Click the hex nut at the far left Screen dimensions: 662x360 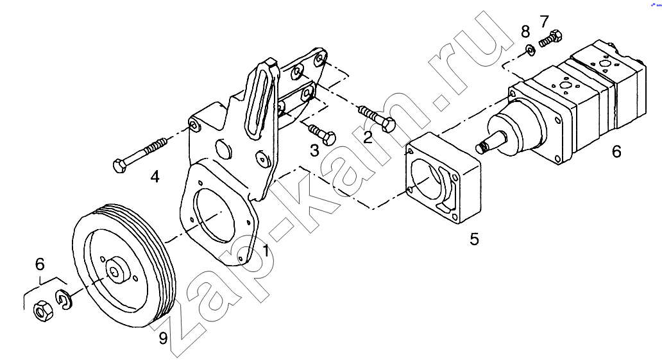[x=42, y=312]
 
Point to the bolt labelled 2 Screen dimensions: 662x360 [x=377, y=118]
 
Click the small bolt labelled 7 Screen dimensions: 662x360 [x=551, y=39]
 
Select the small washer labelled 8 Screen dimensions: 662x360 [x=530, y=50]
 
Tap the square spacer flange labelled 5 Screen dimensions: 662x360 [x=443, y=178]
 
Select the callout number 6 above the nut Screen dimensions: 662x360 [x=40, y=264]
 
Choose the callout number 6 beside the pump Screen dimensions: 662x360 [x=616, y=151]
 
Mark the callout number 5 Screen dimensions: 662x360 [x=475, y=239]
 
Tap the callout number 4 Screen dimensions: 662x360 [x=155, y=176]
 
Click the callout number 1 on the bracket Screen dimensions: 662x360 [x=266, y=250]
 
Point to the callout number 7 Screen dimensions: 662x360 [x=544, y=21]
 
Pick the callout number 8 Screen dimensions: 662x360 [x=525, y=31]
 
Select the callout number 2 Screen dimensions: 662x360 [x=368, y=138]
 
